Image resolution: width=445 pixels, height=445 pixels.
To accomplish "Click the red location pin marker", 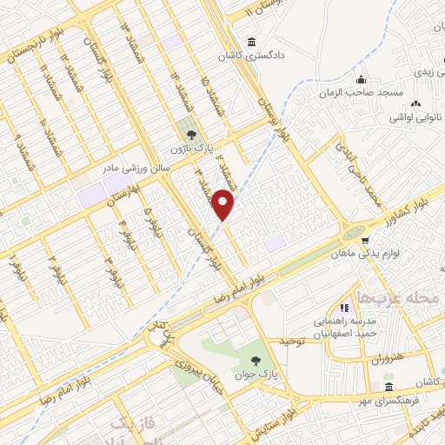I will tap(224, 204).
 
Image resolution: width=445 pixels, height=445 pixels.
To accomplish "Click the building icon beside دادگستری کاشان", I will tap(252, 42).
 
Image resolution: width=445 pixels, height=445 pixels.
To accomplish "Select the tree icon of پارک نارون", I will tap(189, 134).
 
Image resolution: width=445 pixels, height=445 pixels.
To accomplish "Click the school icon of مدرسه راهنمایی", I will tap(344, 307).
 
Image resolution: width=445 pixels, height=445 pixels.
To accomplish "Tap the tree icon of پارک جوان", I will tap(256, 361).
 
